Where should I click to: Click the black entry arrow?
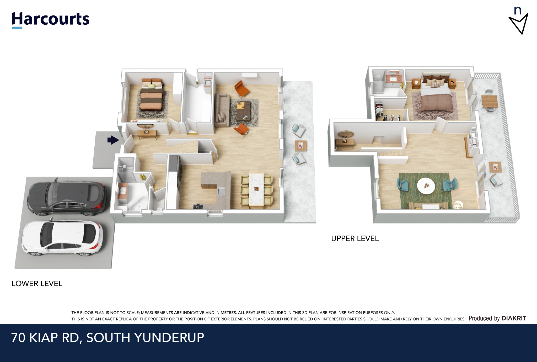pos(113,140)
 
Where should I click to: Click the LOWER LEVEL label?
pos(37,284)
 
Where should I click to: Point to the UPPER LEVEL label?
pos(355,238)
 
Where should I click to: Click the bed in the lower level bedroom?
pos(151,97)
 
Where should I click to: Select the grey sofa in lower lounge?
pos(222,110)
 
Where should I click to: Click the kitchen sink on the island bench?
pos(221,191)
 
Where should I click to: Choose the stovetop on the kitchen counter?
pos(198,207)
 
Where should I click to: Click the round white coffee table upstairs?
pos(426,186)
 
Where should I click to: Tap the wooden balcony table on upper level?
pos(489,101)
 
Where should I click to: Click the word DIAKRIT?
pos(514,318)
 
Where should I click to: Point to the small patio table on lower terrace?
pos(300,146)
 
